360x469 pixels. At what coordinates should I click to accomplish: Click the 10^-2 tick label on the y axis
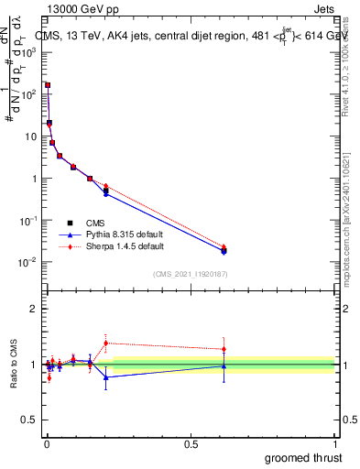click(28, 263)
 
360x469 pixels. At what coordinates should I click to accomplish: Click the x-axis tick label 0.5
click(191, 443)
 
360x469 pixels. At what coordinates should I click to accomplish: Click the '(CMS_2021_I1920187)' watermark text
click(191, 274)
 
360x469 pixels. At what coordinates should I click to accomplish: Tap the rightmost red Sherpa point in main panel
click(224, 247)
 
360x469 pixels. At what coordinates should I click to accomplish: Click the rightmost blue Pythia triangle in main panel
click(224, 251)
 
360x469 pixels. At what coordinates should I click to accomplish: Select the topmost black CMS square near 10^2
click(48, 85)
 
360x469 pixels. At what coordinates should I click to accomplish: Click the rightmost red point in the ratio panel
click(224, 349)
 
